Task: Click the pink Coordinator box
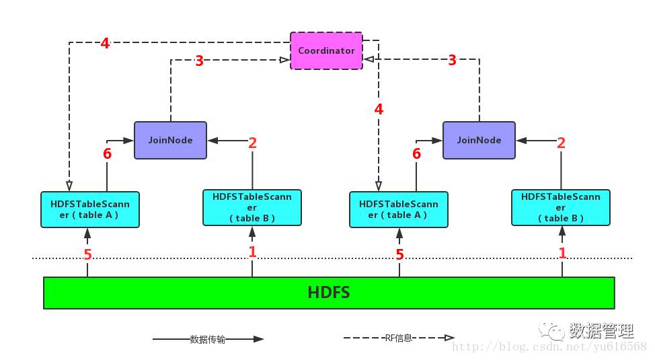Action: coord(326,50)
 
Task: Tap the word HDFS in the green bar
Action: coord(328,293)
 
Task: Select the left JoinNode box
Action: coord(170,140)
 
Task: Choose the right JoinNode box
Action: coord(479,140)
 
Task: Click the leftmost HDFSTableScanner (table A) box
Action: coord(89,209)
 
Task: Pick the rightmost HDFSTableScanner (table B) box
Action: coord(561,207)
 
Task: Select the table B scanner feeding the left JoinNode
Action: coord(252,207)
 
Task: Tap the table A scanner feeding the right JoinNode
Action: coord(398,209)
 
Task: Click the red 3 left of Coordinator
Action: coord(199,61)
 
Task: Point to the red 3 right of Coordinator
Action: coord(452,61)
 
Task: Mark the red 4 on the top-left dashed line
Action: coord(105,44)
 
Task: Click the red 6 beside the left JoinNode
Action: coord(108,153)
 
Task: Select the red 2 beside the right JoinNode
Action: coord(561,143)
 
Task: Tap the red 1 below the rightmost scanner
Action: coord(563,252)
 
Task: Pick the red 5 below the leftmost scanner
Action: coord(87,254)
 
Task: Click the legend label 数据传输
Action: coord(208,340)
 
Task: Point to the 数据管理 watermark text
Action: coord(601,331)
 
